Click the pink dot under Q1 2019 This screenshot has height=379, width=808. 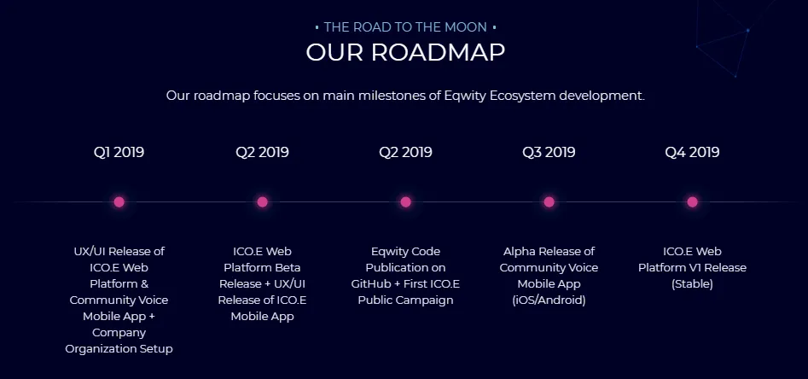(x=119, y=201)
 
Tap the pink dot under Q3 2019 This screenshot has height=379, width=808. (x=549, y=201)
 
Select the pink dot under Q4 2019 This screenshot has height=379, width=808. (x=692, y=201)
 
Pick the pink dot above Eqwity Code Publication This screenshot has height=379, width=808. (x=405, y=201)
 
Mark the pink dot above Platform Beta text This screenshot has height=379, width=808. (x=262, y=201)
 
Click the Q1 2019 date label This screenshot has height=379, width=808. (x=119, y=152)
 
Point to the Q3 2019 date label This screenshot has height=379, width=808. (x=549, y=152)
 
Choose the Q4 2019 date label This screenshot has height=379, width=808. (x=692, y=152)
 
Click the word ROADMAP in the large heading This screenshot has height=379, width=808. (x=438, y=52)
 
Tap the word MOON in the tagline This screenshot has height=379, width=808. (x=465, y=26)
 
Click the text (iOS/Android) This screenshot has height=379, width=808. (x=549, y=300)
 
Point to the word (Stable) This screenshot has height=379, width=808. (x=692, y=284)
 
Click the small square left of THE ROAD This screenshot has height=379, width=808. (x=317, y=26)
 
